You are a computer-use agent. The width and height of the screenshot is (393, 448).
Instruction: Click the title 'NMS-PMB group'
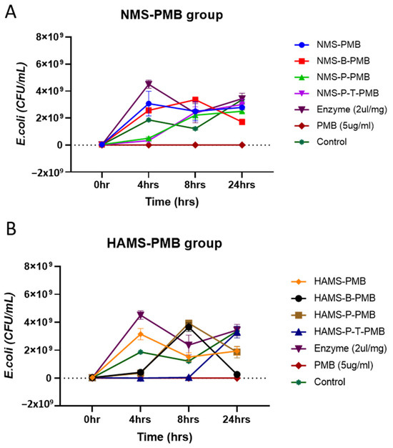[x=171, y=15]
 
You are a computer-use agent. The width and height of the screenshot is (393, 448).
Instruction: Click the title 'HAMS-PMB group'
[x=164, y=243]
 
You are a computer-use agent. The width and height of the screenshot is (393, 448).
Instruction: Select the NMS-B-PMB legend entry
[x=332, y=61]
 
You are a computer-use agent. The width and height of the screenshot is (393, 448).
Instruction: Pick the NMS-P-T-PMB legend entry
[x=337, y=93]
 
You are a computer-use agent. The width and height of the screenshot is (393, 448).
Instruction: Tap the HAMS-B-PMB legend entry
[x=334, y=298]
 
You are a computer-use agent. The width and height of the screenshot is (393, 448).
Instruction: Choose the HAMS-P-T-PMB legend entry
[x=338, y=331]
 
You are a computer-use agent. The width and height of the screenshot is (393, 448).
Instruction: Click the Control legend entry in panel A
[x=321, y=142]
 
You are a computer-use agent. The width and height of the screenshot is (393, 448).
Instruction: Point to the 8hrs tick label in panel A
[x=195, y=185]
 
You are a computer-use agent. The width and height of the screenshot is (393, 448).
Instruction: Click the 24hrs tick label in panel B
[x=237, y=419]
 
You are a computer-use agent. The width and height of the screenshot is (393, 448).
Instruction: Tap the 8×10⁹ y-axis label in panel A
[x=49, y=37]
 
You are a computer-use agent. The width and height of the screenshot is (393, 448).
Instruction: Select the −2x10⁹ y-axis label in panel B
[x=37, y=404]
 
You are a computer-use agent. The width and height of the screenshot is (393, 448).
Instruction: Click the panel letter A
[x=11, y=12]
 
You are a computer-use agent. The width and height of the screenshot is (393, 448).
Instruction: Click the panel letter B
[x=11, y=229]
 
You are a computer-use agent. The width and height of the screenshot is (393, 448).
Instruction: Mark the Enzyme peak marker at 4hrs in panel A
[x=149, y=84]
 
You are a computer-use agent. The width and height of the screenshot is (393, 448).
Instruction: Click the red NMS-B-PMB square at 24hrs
[x=242, y=122]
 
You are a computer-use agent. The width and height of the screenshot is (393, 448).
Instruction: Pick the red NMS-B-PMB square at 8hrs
[x=195, y=99]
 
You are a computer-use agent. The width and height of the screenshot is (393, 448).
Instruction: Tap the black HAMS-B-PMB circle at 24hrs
[x=237, y=374]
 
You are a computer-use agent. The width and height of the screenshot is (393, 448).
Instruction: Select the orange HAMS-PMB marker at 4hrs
[x=140, y=333]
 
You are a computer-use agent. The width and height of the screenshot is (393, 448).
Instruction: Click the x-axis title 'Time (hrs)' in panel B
[x=165, y=437]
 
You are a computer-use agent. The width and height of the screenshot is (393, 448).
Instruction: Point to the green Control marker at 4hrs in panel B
[x=140, y=352]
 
